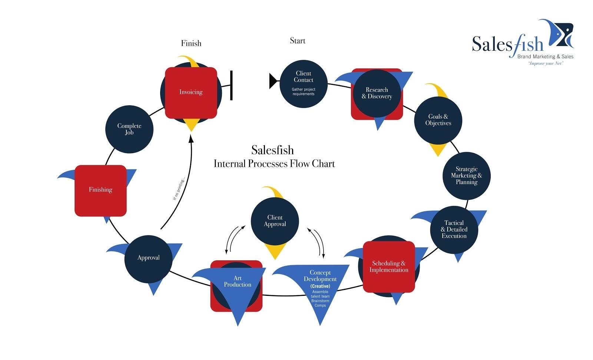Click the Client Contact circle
pos(304,84)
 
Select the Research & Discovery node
pos(377,93)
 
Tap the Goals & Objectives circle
pos(438,120)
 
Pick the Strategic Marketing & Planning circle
pos(467,176)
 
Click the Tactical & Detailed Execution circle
pos(454,229)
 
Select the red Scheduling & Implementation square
pos(389,267)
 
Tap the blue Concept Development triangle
pos(319,285)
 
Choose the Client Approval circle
pos(275,221)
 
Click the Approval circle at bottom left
pos(148,258)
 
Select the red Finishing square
pos(100,190)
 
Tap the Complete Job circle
pos(129,129)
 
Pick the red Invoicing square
pos(191,92)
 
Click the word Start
pos(298,41)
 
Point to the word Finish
pos(191,43)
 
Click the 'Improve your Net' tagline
pos(545,63)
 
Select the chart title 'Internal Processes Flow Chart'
pos(274,164)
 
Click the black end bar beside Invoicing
pos(231,85)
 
